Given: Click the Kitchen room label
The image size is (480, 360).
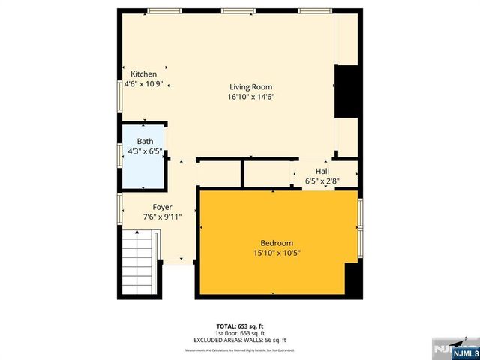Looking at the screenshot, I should coord(144,74).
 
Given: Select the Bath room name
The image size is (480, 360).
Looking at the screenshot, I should coord(145,141).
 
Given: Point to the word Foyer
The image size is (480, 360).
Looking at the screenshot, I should coord(163,207).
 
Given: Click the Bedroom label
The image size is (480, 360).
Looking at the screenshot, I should coord(276,242).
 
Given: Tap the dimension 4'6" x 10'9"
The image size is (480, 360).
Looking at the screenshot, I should coord(144,85).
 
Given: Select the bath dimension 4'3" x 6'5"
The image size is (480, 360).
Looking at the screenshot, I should coord(145,151).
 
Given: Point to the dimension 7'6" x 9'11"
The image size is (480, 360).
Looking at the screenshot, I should coord(163,217).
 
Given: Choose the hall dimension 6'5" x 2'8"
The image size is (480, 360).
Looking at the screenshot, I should coord(322,181).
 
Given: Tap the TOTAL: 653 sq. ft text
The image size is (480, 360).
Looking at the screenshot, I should coord(240,326).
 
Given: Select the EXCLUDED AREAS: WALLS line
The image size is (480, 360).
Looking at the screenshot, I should coord(240,340).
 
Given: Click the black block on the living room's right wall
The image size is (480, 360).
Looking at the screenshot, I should coord(347,91).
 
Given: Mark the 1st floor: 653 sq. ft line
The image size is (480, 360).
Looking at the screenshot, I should coord(240,333).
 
